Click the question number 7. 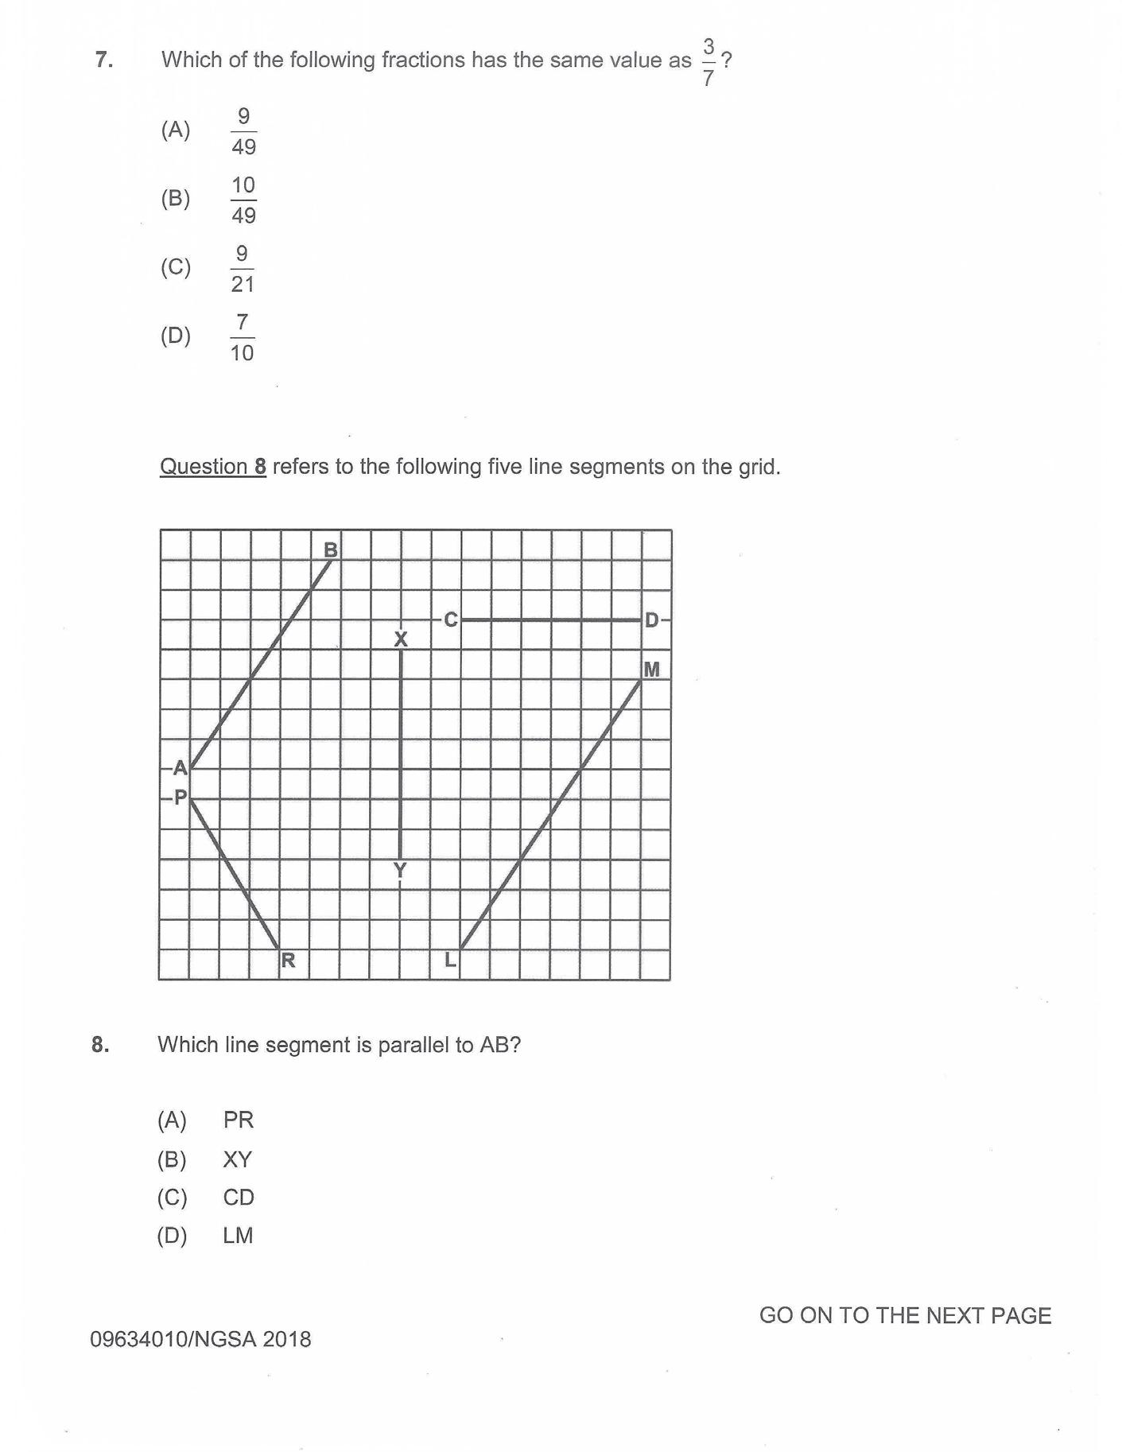[x=103, y=60]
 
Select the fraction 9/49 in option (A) [x=243, y=132]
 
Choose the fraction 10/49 [x=243, y=200]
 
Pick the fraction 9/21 [x=243, y=269]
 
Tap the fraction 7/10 [x=243, y=337]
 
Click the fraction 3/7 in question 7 [x=708, y=62]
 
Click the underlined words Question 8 [x=213, y=467]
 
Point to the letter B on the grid [x=331, y=549]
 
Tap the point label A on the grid [x=181, y=768]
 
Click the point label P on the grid [x=181, y=797]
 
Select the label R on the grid [x=288, y=961]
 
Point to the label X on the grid [x=401, y=639]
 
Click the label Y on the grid [x=400, y=870]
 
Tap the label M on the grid [x=651, y=670]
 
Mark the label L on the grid [x=450, y=960]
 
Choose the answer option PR [x=238, y=1120]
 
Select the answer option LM [x=238, y=1236]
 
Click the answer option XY [x=237, y=1159]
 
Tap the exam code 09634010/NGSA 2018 [x=200, y=1339]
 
